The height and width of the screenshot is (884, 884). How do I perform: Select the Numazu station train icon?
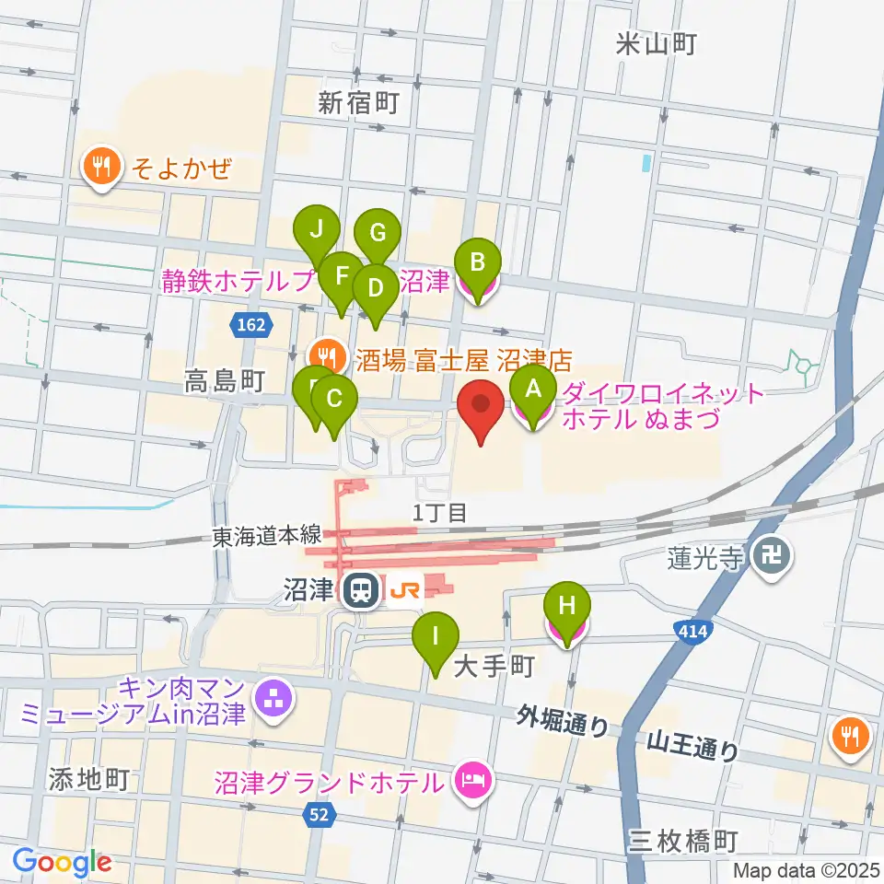click(x=358, y=590)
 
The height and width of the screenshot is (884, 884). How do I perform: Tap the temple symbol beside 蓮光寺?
click(x=766, y=555)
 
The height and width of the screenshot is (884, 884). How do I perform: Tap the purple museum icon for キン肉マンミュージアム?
click(x=273, y=701)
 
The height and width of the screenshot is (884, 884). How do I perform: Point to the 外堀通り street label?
click(x=562, y=720)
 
